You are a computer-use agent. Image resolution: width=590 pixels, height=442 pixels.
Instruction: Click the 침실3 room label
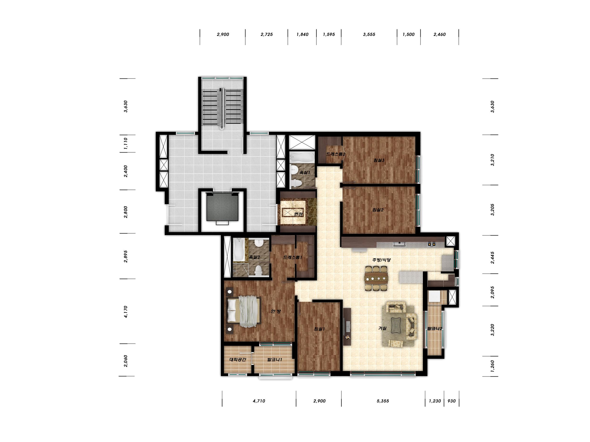pyautogui.click(x=379, y=160)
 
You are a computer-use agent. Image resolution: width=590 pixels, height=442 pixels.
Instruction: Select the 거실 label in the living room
pyautogui.click(x=382, y=328)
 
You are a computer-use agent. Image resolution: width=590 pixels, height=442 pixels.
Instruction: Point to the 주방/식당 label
pyautogui.click(x=381, y=260)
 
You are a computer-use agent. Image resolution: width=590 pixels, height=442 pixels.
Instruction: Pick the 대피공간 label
pyautogui.click(x=237, y=359)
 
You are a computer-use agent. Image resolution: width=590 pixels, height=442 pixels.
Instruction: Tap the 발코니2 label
pyautogui.click(x=435, y=329)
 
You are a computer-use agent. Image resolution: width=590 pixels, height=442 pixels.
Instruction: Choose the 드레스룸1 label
pyautogui.click(x=293, y=257)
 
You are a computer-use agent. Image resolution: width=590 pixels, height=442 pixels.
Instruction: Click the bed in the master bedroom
pyautogui.click(x=244, y=311)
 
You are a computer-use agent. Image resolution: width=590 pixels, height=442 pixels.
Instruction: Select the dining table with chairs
pyautogui.click(x=376, y=278)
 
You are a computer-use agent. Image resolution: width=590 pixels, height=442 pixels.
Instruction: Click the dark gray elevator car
pyautogui.click(x=222, y=207)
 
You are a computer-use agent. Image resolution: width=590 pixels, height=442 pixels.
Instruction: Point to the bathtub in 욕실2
pyautogui.click(x=238, y=250)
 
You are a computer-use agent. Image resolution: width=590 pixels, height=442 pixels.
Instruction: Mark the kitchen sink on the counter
pyautogui.click(x=399, y=244)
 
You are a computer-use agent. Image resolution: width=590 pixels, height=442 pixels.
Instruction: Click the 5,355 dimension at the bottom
pyautogui.click(x=383, y=401)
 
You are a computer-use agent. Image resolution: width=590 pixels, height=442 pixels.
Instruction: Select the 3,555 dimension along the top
pyautogui.click(x=369, y=34)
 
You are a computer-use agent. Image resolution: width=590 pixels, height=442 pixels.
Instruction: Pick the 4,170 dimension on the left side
pyautogui.click(x=126, y=311)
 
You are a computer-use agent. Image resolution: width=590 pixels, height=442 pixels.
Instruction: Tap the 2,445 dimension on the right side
pyautogui.click(x=492, y=258)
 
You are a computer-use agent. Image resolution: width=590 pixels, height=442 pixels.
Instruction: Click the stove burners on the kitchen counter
pyautogui.click(x=432, y=244)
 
